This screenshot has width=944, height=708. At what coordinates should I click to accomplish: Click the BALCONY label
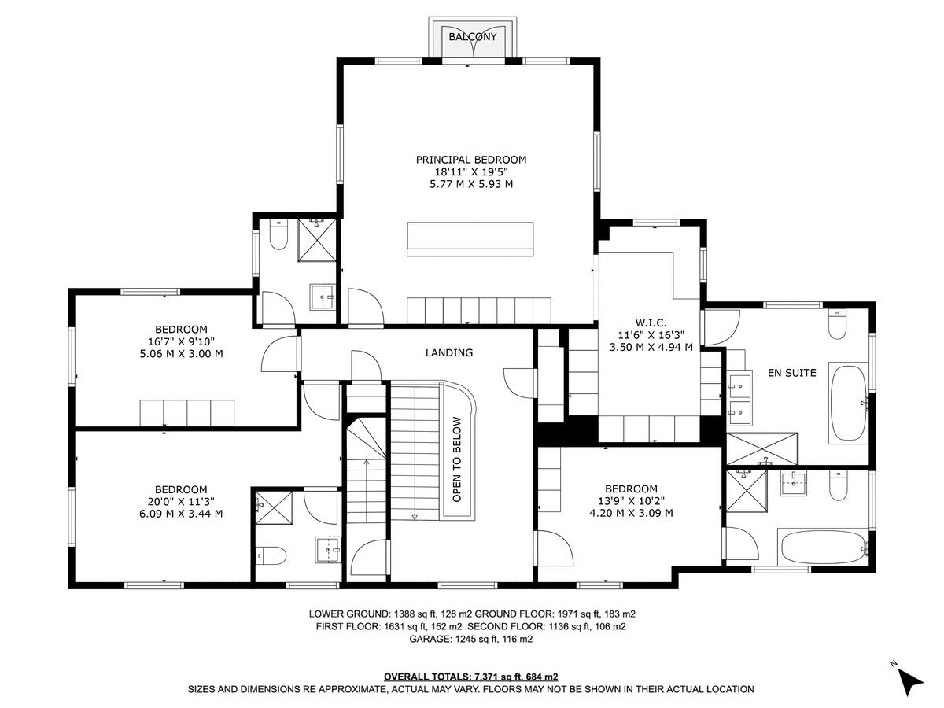pyautogui.click(x=473, y=37)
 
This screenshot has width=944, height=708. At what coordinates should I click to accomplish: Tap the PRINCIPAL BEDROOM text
pyautogui.click(x=470, y=160)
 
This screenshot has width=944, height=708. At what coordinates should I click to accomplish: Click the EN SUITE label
pyautogui.click(x=791, y=373)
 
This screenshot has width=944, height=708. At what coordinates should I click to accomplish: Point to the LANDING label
pyautogui.click(x=449, y=353)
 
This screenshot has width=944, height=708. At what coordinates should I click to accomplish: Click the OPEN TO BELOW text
pyautogui.click(x=457, y=459)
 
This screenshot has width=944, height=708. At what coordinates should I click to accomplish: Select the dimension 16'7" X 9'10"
pyautogui.click(x=181, y=341)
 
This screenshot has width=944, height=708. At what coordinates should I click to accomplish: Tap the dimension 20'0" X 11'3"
pyautogui.click(x=181, y=501)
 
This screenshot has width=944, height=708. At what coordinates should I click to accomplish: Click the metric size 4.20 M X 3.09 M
pyautogui.click(x=631, y=513)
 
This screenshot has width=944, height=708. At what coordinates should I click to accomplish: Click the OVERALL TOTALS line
pyautogui.click(x=470, y=677)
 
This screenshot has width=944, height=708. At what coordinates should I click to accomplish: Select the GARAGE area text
pyautogui.click(x=470, y=640)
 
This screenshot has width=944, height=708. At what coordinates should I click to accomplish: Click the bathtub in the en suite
pyautogui.click(x=848, y=403)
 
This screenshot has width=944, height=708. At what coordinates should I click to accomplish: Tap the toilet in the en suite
pyautogui.click(x=836, y=324)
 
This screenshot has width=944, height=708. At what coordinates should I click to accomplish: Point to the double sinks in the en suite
pyautogui.click(x=738, y=397)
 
